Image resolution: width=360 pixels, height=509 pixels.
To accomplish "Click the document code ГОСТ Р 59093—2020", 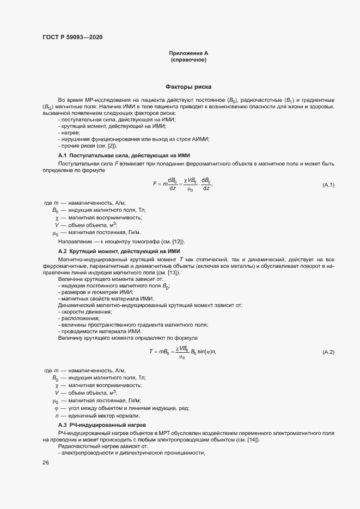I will [x=72, y=37].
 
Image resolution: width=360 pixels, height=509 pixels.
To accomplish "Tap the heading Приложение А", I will [x=188, y=53].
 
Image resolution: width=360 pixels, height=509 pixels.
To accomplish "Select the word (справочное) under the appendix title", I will [x=188, y=60].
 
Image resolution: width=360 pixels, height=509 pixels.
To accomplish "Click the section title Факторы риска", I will [x=188, y=87].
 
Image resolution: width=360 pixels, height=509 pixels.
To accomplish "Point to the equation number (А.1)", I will [x=328, y=185].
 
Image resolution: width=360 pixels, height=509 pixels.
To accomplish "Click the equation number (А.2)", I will [x=328, y=352].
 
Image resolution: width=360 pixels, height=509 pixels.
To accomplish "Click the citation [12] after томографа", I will [x=178, y=241].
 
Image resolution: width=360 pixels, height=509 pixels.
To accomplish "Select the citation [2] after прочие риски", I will [x=109, y=146].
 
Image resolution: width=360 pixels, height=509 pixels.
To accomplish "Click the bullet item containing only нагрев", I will [x=69, y=133].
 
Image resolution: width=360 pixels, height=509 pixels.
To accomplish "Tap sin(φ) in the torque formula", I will [x=205, y=352].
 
